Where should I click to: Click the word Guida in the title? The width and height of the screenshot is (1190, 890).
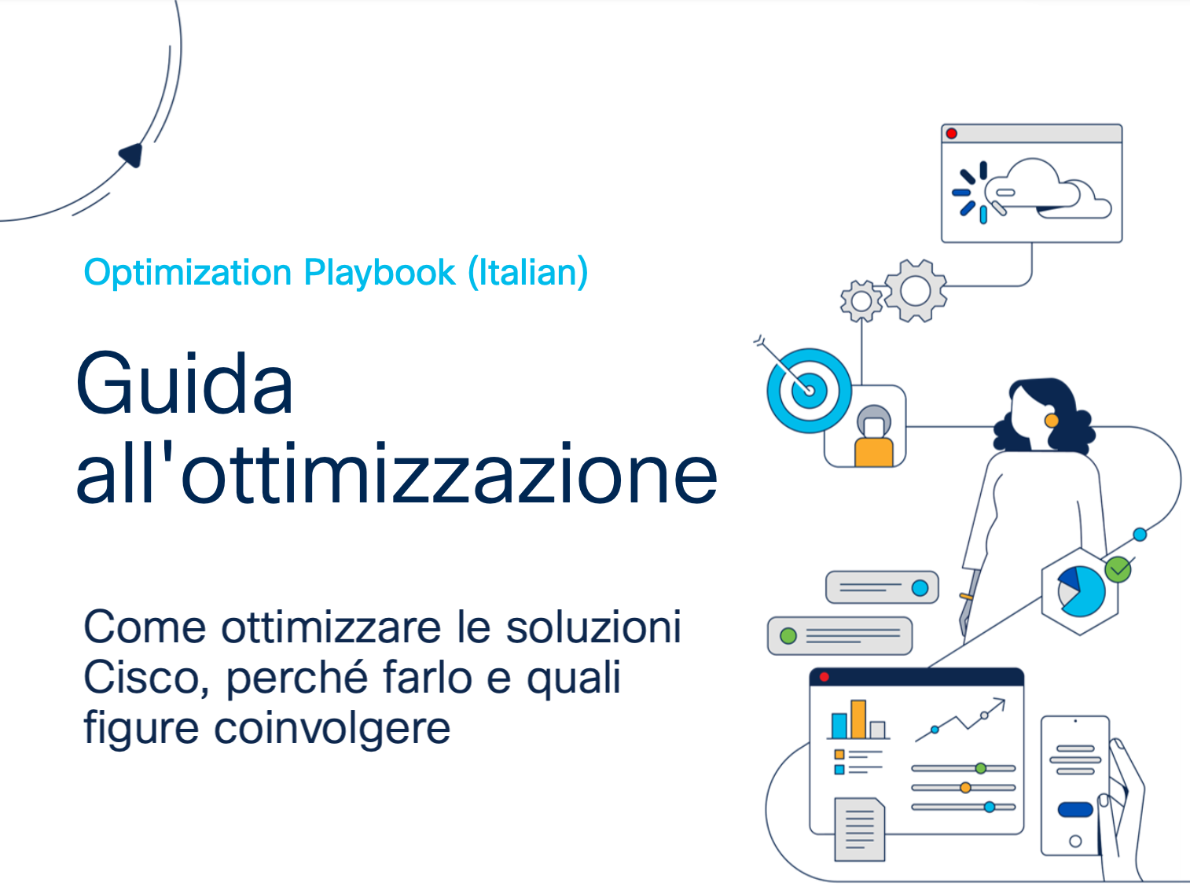pyautogui.click(x=185, y=384)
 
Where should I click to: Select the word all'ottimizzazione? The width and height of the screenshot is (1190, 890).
pyautogui.click(x=397, y=473)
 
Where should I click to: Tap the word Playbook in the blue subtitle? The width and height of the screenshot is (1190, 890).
pyautogui.click(x=379, y=273)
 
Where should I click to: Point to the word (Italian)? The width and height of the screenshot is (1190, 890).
pyautogui.click(x=528, y=272)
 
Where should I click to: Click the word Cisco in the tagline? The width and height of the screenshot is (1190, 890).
pyautogui.click(x=146, y=678)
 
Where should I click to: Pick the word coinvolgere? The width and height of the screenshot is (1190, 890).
pyautogui.click(x=332, y=729)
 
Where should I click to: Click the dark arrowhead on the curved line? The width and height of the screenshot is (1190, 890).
pyautogui.click(x=132, y=155)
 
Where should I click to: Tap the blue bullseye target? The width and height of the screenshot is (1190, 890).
pyautogui.click(x=809, y=391)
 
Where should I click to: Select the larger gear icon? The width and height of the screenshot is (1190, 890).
pyautogui.click(x=916, y=291)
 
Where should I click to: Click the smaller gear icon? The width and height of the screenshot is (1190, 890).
pyautogui.click(x=861, y=301)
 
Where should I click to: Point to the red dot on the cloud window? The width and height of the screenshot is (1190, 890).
pyautogui.click(x=952, y=134)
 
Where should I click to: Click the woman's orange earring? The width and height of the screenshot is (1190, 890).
pyautogui.click(x=1051, y=421)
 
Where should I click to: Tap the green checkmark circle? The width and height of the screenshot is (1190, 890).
pyautogui.click(x=1118, y=569)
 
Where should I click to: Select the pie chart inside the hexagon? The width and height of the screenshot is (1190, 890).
pyautogui.click(x=1081, y=592)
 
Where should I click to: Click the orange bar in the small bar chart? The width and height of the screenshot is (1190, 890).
pyautogui.click(x=858, y=719)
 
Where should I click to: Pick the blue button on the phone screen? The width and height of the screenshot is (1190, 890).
pyautogui.click(x=1075, y=810)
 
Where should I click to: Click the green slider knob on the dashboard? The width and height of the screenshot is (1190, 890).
pyautogui.click(x=981, y=768)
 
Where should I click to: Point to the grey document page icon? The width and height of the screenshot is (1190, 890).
pyautogui.click(x=860, y=829)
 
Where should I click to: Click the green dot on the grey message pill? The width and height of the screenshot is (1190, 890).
pyautogui.click(x=788, y=635)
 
